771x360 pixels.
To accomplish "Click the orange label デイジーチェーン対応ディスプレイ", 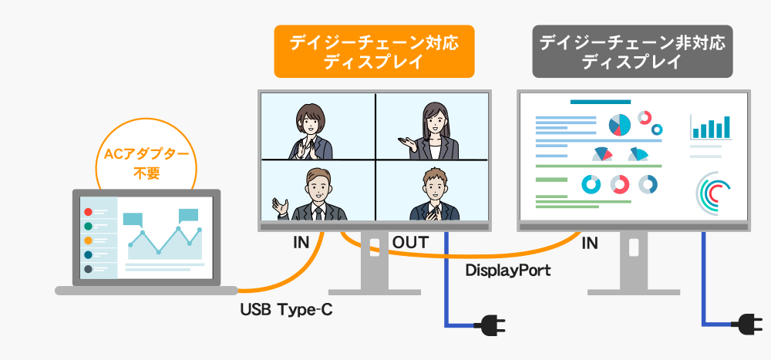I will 374,51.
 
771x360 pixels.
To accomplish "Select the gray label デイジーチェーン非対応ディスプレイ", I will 632,51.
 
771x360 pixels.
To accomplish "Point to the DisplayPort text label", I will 508,271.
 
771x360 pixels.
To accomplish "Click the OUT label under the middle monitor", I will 410,243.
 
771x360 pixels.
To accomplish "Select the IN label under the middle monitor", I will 301,243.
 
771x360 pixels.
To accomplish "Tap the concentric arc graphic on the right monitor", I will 712,193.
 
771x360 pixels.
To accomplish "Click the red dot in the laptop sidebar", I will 88,212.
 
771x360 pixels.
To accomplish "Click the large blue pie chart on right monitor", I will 619,125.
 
